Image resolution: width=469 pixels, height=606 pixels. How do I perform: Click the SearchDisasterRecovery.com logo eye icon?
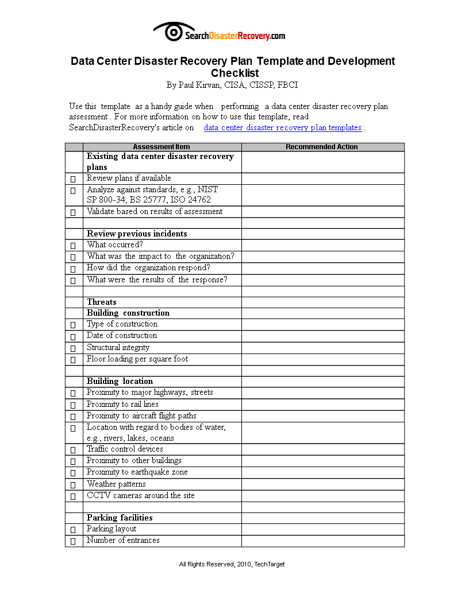[167, 32]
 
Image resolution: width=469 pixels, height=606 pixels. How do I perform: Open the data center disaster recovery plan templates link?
[282, 128]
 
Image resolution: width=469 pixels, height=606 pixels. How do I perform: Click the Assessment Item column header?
[162, 147]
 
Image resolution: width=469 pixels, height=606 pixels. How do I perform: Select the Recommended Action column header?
[322, 147]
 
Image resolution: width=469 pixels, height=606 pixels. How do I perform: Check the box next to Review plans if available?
[73, 179]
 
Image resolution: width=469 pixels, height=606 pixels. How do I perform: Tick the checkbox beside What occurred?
[73, 246]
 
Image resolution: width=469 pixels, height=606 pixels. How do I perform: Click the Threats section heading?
[102, 302]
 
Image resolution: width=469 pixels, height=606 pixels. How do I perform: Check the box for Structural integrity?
[73, 348]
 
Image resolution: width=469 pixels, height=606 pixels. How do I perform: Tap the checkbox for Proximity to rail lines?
[73, 405]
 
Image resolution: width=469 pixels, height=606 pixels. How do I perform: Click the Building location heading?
[120, 381]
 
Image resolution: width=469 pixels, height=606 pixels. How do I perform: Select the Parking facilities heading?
[120, 518]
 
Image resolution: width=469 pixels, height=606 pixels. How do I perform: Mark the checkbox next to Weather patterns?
[73, 485]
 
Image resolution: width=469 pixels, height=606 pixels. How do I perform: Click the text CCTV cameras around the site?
[140, 495]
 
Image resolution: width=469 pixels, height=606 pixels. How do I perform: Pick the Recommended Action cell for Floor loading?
[322, 359]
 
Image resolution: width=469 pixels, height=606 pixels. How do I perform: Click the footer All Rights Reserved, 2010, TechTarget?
[232, 564]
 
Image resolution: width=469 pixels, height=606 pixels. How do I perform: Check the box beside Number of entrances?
[73, 541]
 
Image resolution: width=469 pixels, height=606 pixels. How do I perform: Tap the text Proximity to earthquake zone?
[137, 472]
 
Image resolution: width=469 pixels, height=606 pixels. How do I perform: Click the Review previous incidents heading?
[137, 234]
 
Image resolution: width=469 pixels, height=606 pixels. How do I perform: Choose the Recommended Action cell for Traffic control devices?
[322, 449]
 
